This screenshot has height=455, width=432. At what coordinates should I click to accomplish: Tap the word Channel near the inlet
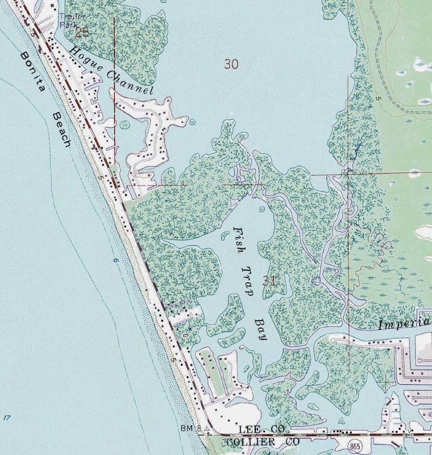coord(129,82)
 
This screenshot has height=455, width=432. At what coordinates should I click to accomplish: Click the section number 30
coord(231,64)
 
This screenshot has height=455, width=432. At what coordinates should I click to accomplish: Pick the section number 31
coord(269,281)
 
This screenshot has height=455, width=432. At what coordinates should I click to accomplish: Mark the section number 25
coord(82,32)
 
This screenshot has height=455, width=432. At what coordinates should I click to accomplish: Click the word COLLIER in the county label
coord(245,441)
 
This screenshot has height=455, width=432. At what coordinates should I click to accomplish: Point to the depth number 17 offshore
coord(7,418)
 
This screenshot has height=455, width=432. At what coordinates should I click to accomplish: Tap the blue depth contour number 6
coord(115,261)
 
